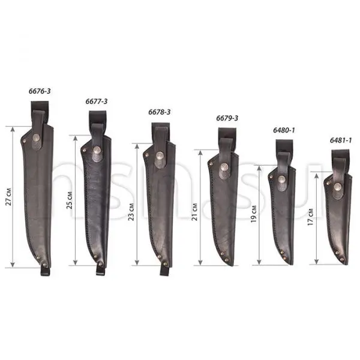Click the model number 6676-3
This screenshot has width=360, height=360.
[x=40, y=91]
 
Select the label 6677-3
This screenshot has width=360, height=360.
[x=97, y=101]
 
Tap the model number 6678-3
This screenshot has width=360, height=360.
[x=160, y=112]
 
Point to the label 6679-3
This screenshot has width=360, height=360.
[x=227, y=118]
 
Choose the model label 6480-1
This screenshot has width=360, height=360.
[x=284, y=130]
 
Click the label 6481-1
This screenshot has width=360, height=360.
[x=341, y=140]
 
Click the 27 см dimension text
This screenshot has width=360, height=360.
[x=8, y=197]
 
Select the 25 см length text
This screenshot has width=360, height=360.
[x=70, y=200]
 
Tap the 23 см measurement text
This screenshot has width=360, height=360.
[x=131, y=212]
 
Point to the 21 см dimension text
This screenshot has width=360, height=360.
[x=194, y=212]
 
